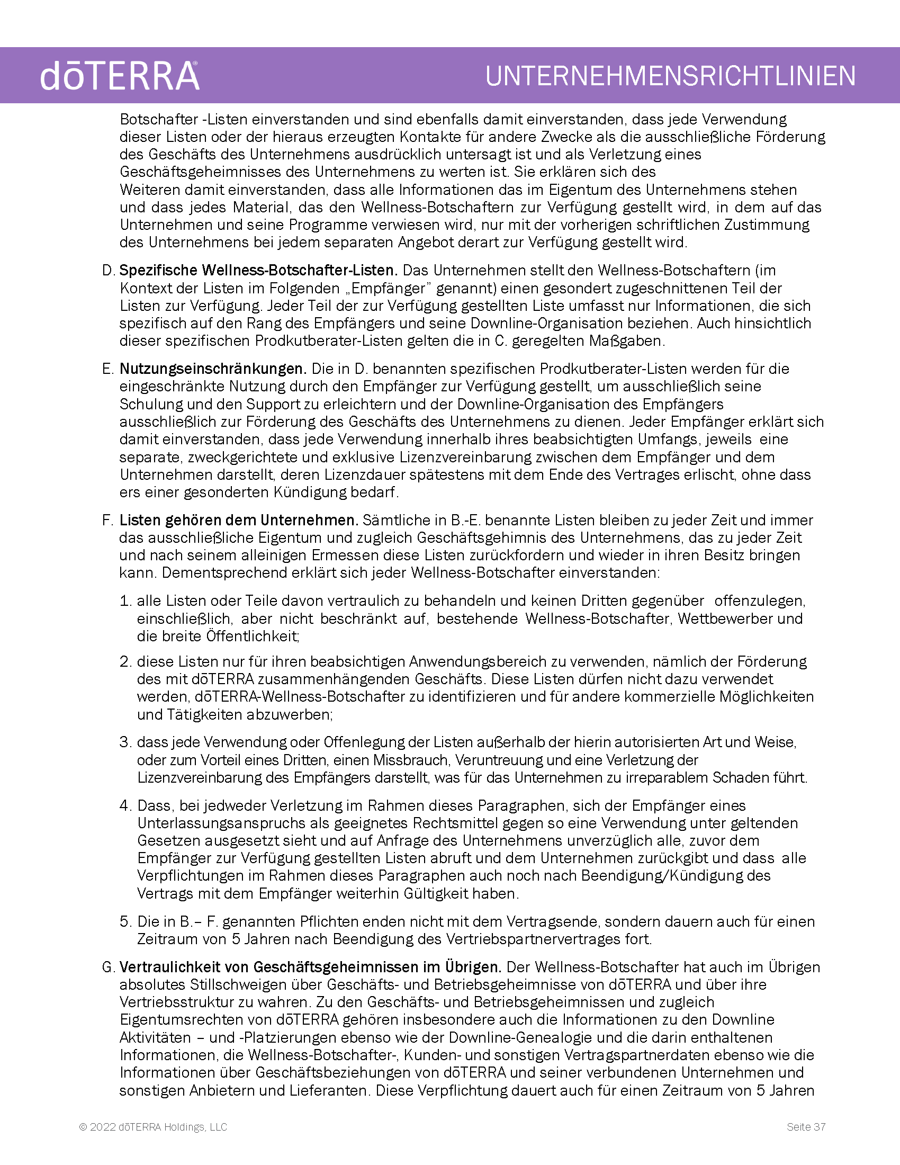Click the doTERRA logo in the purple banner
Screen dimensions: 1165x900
point(120,76)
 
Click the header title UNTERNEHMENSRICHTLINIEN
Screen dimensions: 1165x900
point(670,76)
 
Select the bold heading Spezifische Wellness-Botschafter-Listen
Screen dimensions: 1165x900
point(258,271)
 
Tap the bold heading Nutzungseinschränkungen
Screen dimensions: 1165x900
point(213,369)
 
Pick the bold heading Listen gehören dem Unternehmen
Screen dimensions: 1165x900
point(238,520)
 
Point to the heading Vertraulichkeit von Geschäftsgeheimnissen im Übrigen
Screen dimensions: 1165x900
point(310,967)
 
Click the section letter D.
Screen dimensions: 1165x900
point(108,271)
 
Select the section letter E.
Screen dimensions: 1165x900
point(107,369)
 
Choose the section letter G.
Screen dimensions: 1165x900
point(108,967)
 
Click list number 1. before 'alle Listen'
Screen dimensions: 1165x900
point(125,601)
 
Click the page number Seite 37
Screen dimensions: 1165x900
point(806,1126)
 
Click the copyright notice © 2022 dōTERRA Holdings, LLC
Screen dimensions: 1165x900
point(153,1126)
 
